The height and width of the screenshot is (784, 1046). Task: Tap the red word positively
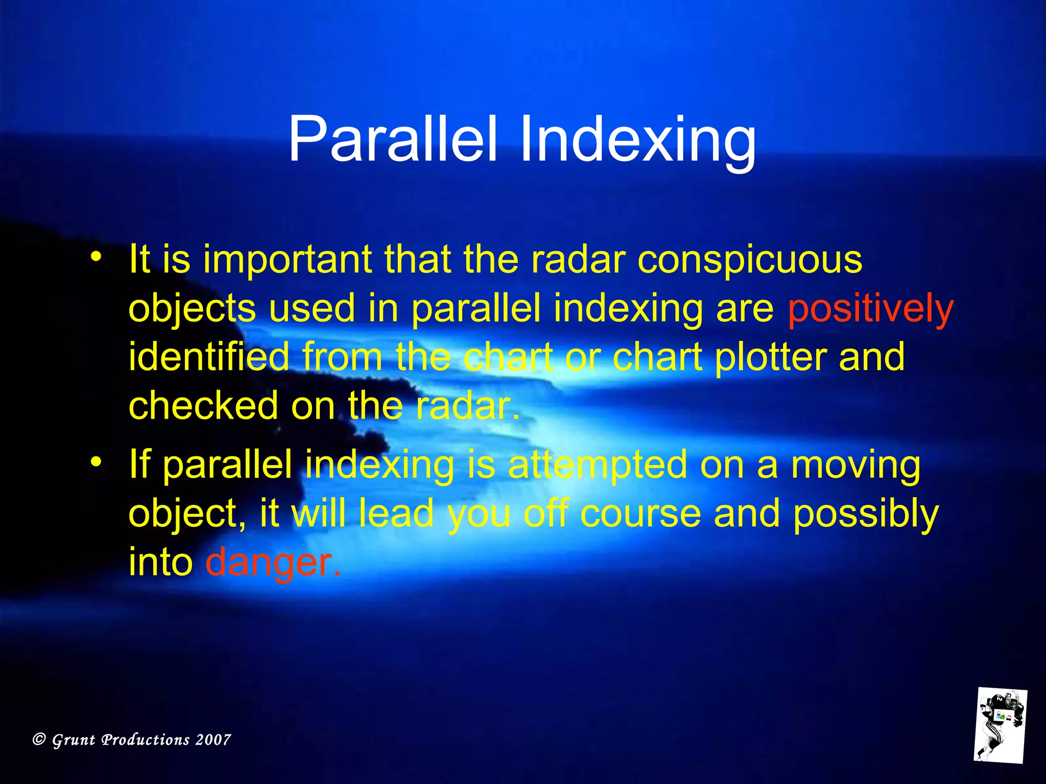click(870, 309)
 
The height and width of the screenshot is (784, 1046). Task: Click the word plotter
click(770, 356)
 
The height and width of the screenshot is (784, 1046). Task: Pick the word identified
click(208, 356)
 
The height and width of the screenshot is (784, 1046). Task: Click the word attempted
click(598, 464)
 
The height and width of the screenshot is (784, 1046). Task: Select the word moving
click(855, 465)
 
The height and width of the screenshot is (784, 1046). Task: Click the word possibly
click(866, 514)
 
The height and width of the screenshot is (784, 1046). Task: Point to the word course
click(640, 514)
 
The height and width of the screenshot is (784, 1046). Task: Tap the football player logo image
click(1000, 725)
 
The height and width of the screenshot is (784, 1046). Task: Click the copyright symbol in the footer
click(39, 740)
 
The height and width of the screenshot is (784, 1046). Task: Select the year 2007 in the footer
click(213, 740)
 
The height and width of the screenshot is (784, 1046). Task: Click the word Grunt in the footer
click(74, 740)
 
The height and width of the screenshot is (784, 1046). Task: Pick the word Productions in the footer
click(145, 740)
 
